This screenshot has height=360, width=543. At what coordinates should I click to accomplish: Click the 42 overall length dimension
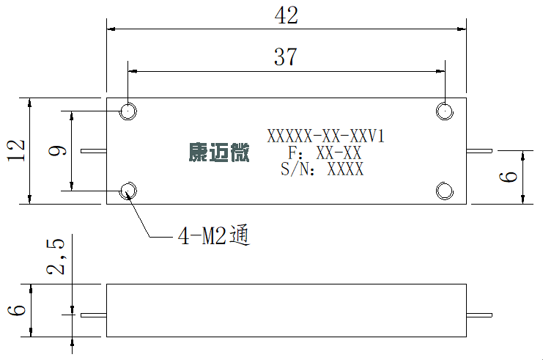(286, 15)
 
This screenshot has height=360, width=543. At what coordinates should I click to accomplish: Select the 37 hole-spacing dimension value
(286, 57)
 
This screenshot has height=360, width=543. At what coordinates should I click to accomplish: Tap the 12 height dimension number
(16, 150)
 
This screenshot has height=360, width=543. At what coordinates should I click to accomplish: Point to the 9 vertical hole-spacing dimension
(57, 151)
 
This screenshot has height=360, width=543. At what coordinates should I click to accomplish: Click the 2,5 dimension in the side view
(56, 257)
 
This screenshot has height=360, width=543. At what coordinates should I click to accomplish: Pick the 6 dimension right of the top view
(508, 177)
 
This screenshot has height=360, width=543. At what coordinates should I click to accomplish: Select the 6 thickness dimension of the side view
(17, 309)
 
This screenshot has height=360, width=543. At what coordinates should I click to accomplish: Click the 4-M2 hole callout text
(214, 236)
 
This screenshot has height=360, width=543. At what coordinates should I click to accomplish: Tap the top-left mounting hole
(128, 111)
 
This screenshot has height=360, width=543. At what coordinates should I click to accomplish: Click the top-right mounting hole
(445, 111)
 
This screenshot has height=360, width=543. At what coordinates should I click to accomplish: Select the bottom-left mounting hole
(128, 191)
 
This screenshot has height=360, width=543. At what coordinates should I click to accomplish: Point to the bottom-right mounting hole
(445, 191)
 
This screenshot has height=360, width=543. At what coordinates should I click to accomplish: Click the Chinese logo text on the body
(219, 153)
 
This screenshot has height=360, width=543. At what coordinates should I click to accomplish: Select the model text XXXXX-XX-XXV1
(326, 136)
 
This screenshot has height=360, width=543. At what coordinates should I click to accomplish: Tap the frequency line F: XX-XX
(325, 153)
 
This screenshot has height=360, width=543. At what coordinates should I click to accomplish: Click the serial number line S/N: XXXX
(322, 169)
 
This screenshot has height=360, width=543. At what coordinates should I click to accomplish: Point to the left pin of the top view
(94, 151)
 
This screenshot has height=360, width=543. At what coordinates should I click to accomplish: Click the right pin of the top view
(479, 151)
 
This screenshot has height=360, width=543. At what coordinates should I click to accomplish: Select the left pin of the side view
(94, 315)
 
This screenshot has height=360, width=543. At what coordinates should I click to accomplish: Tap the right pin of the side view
(479, 315)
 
